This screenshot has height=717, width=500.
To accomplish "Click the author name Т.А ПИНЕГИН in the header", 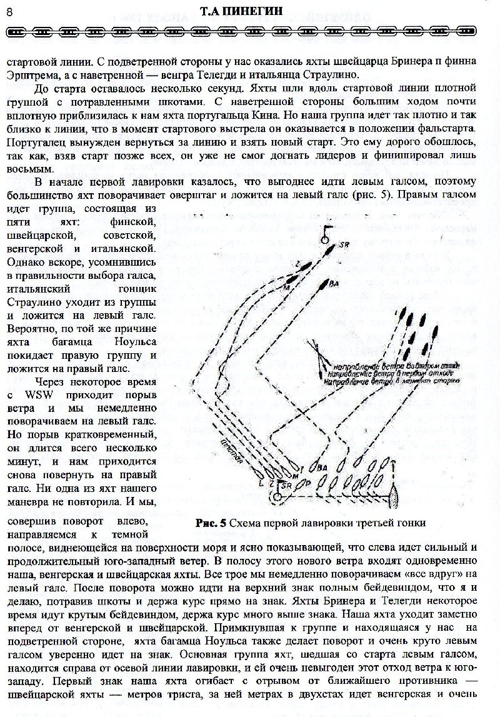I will click(248, 11).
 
